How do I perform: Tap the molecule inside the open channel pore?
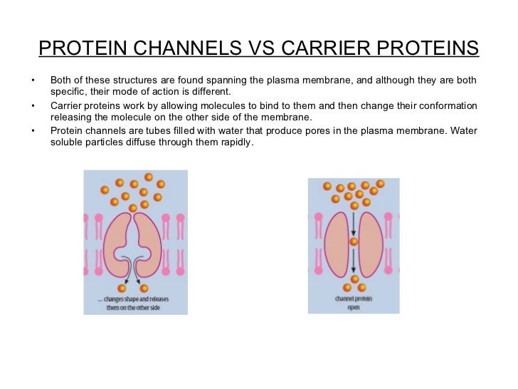coord(354,242)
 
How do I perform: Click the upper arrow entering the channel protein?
coord(354,221)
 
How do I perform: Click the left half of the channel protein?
coord(338,242)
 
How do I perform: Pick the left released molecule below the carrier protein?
coord(122,288)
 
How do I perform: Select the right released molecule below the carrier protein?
coord(144,288)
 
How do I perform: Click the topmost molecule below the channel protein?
coord(354,279)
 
